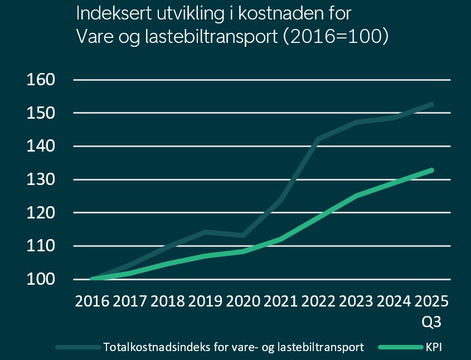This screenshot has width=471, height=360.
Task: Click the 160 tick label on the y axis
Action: [41, 80]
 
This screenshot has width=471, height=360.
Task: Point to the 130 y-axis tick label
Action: [41, 179]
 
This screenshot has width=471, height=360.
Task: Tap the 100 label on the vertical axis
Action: [41, 279]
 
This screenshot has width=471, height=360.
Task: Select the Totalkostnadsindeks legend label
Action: [234, 347]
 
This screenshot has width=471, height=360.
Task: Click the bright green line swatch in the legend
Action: [400, 347]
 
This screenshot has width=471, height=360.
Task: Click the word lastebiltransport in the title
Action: [208, 36]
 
